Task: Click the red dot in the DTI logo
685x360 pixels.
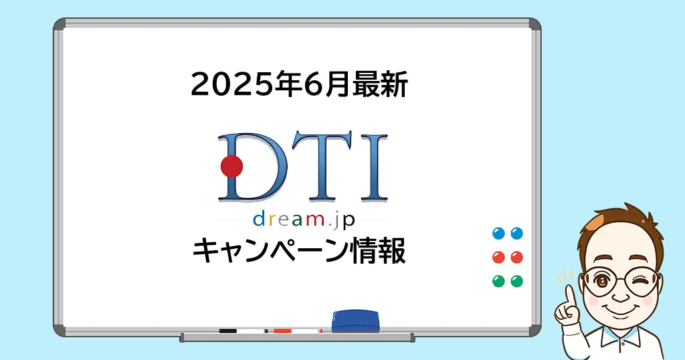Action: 231,167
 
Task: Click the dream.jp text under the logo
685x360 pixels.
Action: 304,219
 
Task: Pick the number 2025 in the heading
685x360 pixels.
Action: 230,85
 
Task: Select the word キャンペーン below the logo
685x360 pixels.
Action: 271,251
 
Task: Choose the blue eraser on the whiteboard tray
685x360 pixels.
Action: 355,321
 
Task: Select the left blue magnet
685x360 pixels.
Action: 498,234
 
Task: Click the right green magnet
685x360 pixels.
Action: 517,281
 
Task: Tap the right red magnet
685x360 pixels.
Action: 517,257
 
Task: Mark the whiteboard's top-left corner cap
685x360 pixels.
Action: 60,25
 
